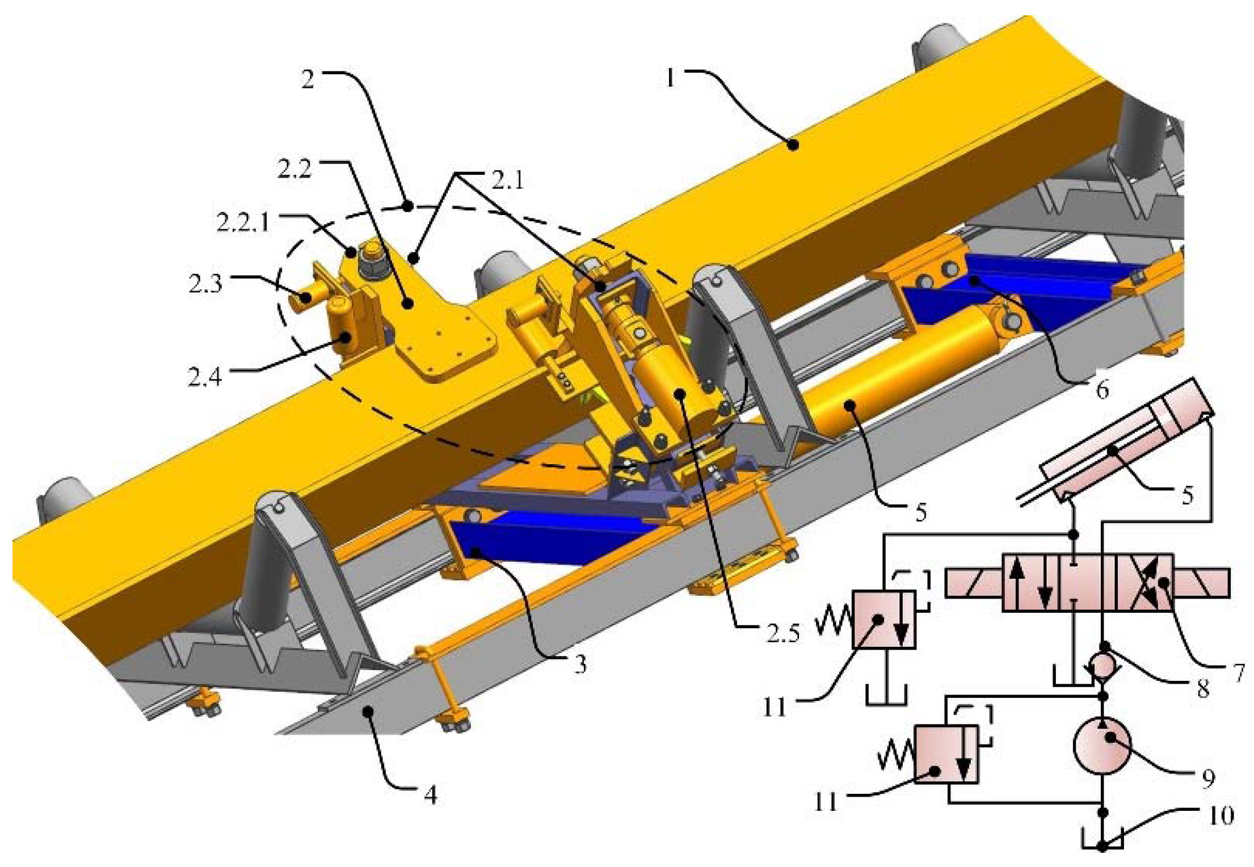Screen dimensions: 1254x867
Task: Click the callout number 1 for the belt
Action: [671, 77]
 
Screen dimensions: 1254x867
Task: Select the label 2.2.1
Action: [243, 222]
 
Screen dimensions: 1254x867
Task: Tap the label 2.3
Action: [205, 283]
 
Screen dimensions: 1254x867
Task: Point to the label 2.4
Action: [205, 376]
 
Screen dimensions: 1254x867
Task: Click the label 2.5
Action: [783, 633]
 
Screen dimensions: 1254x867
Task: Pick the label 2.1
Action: [507, 180]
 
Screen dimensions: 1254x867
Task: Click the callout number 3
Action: [579, 663]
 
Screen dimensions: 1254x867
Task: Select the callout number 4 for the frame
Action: [431, 795]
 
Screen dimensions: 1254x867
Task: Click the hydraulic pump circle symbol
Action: [1102, 746]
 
